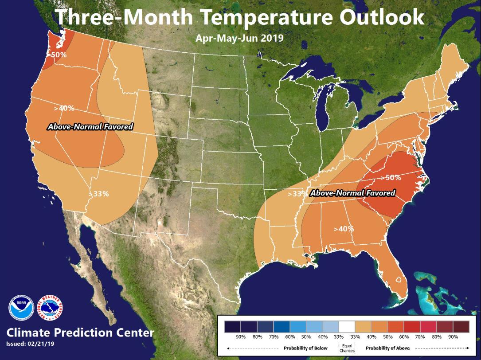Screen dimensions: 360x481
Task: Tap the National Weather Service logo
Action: point(50,307)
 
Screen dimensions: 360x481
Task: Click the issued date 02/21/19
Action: point(41,344)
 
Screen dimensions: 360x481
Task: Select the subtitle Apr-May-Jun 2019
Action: point(239,38)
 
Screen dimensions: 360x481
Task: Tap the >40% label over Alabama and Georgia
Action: point(344,229)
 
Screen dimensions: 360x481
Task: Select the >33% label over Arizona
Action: point(98,194)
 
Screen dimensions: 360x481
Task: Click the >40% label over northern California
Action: point(64,108)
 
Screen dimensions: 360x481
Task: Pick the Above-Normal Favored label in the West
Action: point(90,127)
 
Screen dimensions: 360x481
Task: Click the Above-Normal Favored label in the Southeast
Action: point(352,193)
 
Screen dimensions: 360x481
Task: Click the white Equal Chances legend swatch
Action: point(347,327)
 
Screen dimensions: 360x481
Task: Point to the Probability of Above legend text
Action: point(387,348)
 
